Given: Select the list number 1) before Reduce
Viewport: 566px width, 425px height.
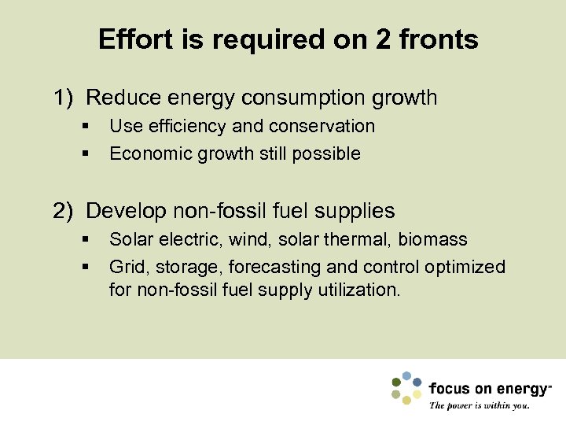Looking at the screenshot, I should [x=64, y=98].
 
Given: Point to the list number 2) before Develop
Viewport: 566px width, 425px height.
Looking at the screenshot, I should [x=64, y=211].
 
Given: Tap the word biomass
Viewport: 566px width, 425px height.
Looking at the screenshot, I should [x=433, y=239].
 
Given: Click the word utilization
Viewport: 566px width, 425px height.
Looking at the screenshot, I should [x=361, y=290].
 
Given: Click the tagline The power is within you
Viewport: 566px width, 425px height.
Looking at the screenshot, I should [x=480, y=406].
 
